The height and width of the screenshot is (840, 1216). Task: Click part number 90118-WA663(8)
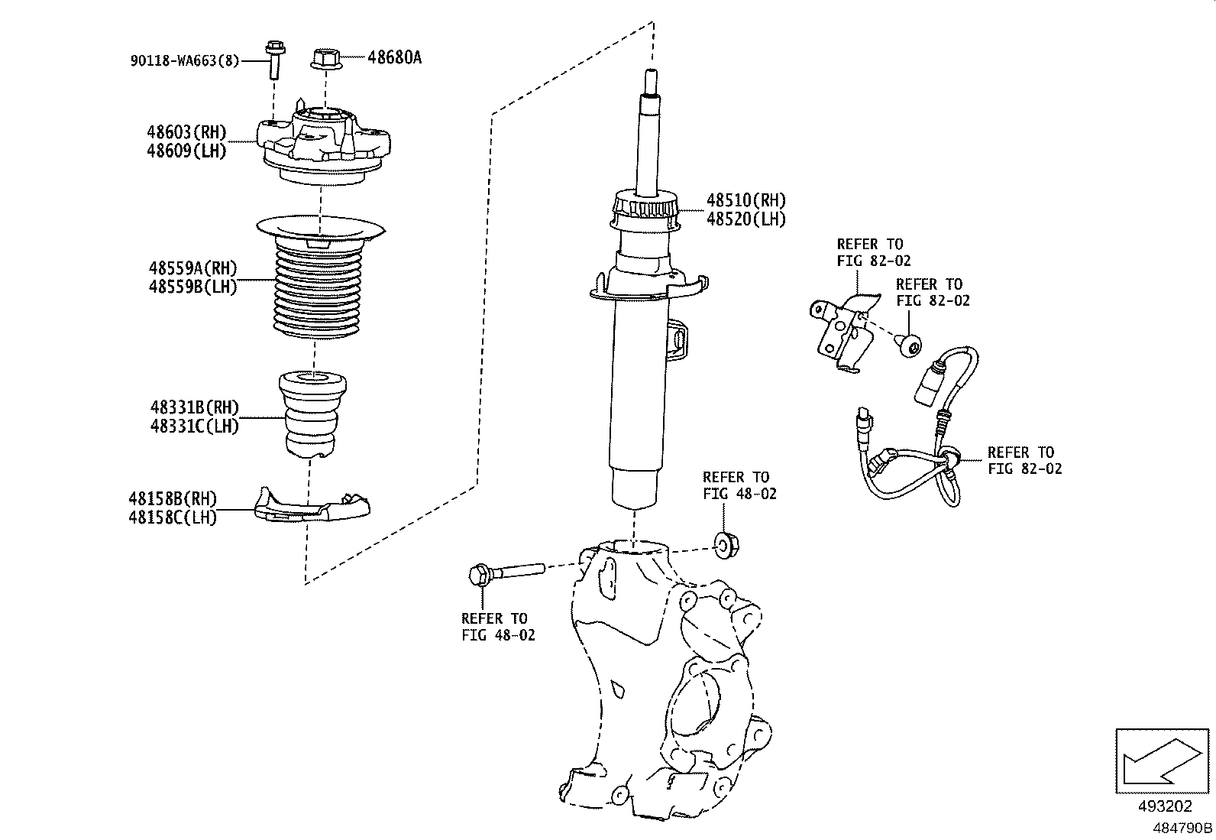[x=184, y=60]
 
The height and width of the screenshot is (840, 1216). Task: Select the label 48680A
[x=394, y=57]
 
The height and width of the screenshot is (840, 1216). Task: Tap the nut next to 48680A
[x=325, y=58]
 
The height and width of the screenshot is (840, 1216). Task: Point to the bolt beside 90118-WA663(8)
[x=274, y=60]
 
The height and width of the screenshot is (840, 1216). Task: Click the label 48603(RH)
[x=187, y=133]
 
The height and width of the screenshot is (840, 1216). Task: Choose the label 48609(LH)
[x=187, y=151]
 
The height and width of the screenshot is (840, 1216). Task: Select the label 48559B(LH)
[x=193, y=288]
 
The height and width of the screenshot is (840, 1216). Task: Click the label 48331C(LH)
[x=195, y=426]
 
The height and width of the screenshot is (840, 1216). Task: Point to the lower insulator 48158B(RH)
[x=311, y=508]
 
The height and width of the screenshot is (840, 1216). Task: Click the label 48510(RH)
[x=745, y=201]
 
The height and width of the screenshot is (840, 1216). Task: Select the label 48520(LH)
[x=745, y=219]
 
